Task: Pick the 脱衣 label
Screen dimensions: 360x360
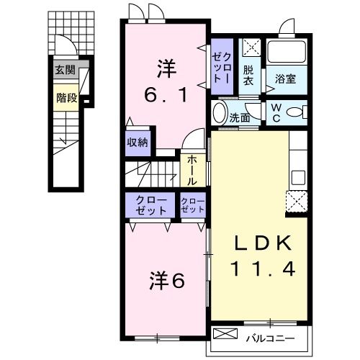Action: coord(249,76)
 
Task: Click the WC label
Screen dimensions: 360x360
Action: coord(277,113)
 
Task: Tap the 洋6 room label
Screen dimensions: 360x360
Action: coord(168,279)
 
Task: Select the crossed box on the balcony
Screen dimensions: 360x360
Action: coord(225,336)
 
